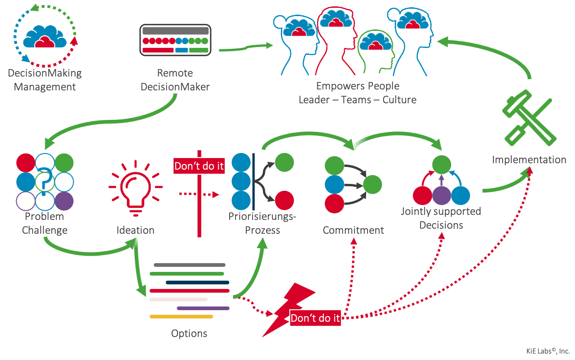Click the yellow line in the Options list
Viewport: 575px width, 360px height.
(x=182, y=317)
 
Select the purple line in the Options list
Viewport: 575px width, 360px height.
(x=203, y=308)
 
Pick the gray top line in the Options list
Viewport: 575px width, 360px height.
(x=190, y=265)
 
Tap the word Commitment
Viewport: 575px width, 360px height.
(x=353, y=230)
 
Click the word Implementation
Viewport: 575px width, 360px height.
(x=529, y=160)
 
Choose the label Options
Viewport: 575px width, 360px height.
(x=189, y=333)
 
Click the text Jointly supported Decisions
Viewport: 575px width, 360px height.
(x=440, y=218)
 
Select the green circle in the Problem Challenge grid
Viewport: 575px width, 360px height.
(x=65, y=162)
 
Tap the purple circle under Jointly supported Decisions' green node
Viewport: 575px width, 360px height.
(x=441, y=195)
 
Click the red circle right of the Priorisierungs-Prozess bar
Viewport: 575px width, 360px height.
(x=285, y=201)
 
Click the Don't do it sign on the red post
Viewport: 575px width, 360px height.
(x=199, y=166)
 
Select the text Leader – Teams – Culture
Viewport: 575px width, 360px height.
(x=357, y=100)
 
